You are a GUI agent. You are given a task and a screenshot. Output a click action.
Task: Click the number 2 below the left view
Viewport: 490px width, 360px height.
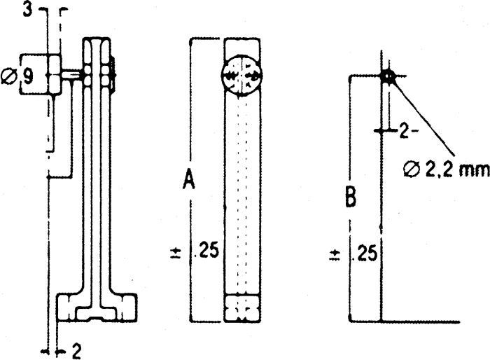point(76,351)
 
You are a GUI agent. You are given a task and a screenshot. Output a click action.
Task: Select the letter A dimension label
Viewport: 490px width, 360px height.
point(188,181)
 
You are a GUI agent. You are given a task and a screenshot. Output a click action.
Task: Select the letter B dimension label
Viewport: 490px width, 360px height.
point(350,198)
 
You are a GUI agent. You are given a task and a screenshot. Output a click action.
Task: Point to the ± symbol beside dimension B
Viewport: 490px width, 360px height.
point(335,252)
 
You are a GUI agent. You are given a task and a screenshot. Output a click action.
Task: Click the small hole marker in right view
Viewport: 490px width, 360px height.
point(387,76)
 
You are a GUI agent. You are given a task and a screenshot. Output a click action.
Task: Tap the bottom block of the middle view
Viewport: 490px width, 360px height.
point(242,308)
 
